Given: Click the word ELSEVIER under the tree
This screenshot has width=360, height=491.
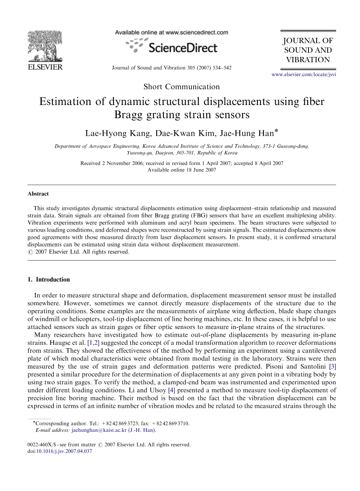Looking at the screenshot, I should tap(44, 67).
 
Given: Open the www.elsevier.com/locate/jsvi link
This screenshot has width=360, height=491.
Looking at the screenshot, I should tap(303, 75).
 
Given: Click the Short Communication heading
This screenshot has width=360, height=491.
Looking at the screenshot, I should tap(182, 87).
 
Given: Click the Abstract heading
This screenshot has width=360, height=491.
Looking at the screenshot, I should tap(38, 194).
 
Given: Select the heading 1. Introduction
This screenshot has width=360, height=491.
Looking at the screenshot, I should tap(49, 280).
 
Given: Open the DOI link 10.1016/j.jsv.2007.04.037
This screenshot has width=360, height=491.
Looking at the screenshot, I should tap(64, 451).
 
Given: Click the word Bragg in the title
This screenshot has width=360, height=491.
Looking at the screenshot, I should tap(129, 115).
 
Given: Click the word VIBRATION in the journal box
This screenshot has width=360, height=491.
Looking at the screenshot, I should tap(308, 60).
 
